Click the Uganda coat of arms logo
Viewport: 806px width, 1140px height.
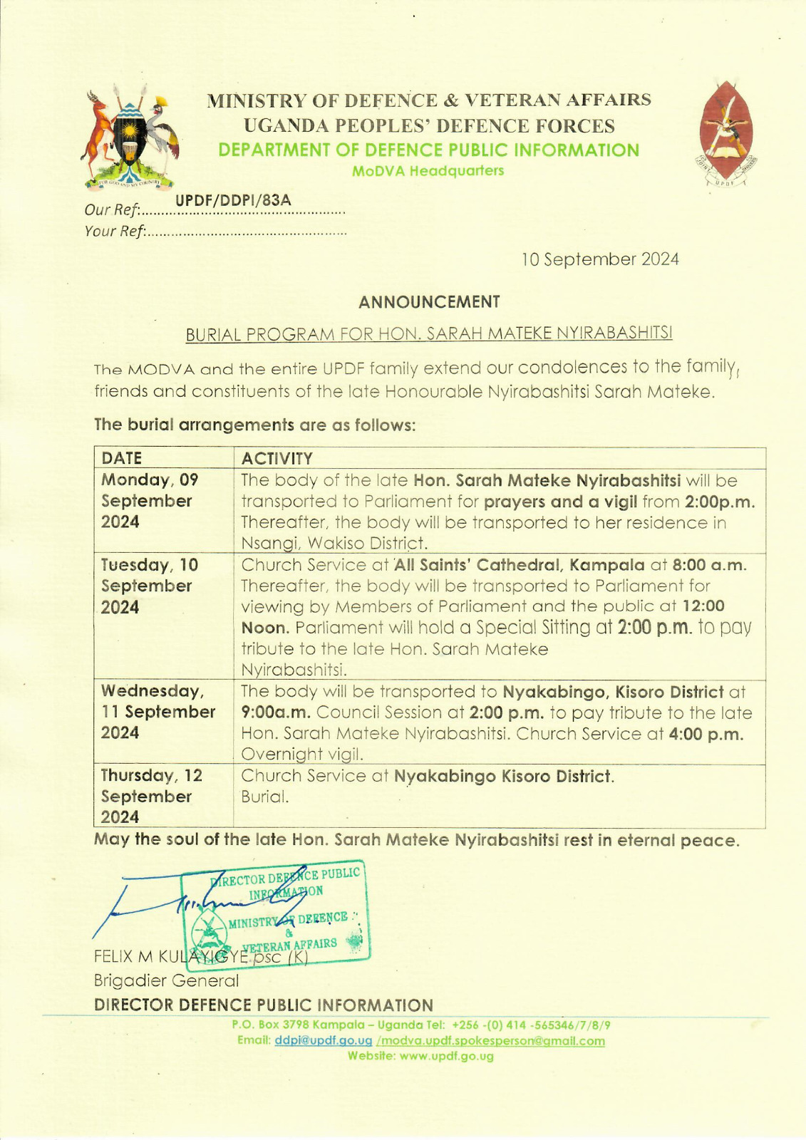pos(130,138)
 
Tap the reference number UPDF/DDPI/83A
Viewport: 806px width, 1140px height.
pos(234,200)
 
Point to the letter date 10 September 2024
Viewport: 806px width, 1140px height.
pos(600,259)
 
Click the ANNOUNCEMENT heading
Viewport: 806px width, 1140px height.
pos(429,302)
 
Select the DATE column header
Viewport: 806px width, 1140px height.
pos(122,458)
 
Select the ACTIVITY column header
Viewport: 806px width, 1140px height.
pos(277,458)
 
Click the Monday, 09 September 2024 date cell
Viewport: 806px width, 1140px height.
pos(150,501)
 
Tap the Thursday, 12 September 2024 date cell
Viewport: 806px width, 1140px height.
pos(152,796)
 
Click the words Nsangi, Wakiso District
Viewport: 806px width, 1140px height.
pos(334,544)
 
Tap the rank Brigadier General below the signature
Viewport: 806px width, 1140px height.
pos(166,980)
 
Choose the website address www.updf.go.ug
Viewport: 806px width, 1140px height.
pos(446,1056)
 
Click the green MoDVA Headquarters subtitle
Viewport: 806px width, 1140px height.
pos(428,171)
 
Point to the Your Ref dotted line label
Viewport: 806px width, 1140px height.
pos(115,231)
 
